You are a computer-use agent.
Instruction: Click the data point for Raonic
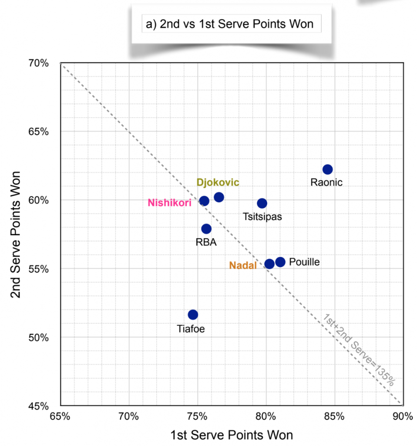(327, 169)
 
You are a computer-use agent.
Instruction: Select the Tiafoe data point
(193, 314)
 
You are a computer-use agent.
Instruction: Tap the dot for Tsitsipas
(262, 203)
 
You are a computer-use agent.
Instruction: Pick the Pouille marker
(280, 262)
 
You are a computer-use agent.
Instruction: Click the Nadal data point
(269, 264)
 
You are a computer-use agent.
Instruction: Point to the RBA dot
(206, 229)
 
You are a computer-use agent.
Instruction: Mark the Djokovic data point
(219, 197)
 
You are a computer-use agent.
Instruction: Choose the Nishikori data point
(204, 201)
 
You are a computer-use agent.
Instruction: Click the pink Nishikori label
(169, 203)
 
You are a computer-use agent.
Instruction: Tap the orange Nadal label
(243, 265)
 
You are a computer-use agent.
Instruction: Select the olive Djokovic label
(218, 182)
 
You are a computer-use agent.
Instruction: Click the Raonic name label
(326, 182)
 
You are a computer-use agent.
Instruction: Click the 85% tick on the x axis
(334, 416)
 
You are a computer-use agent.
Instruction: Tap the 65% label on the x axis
(61, 416)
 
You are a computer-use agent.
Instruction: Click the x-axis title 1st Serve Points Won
(232, 435)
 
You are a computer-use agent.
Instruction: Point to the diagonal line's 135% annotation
(359, 349)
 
